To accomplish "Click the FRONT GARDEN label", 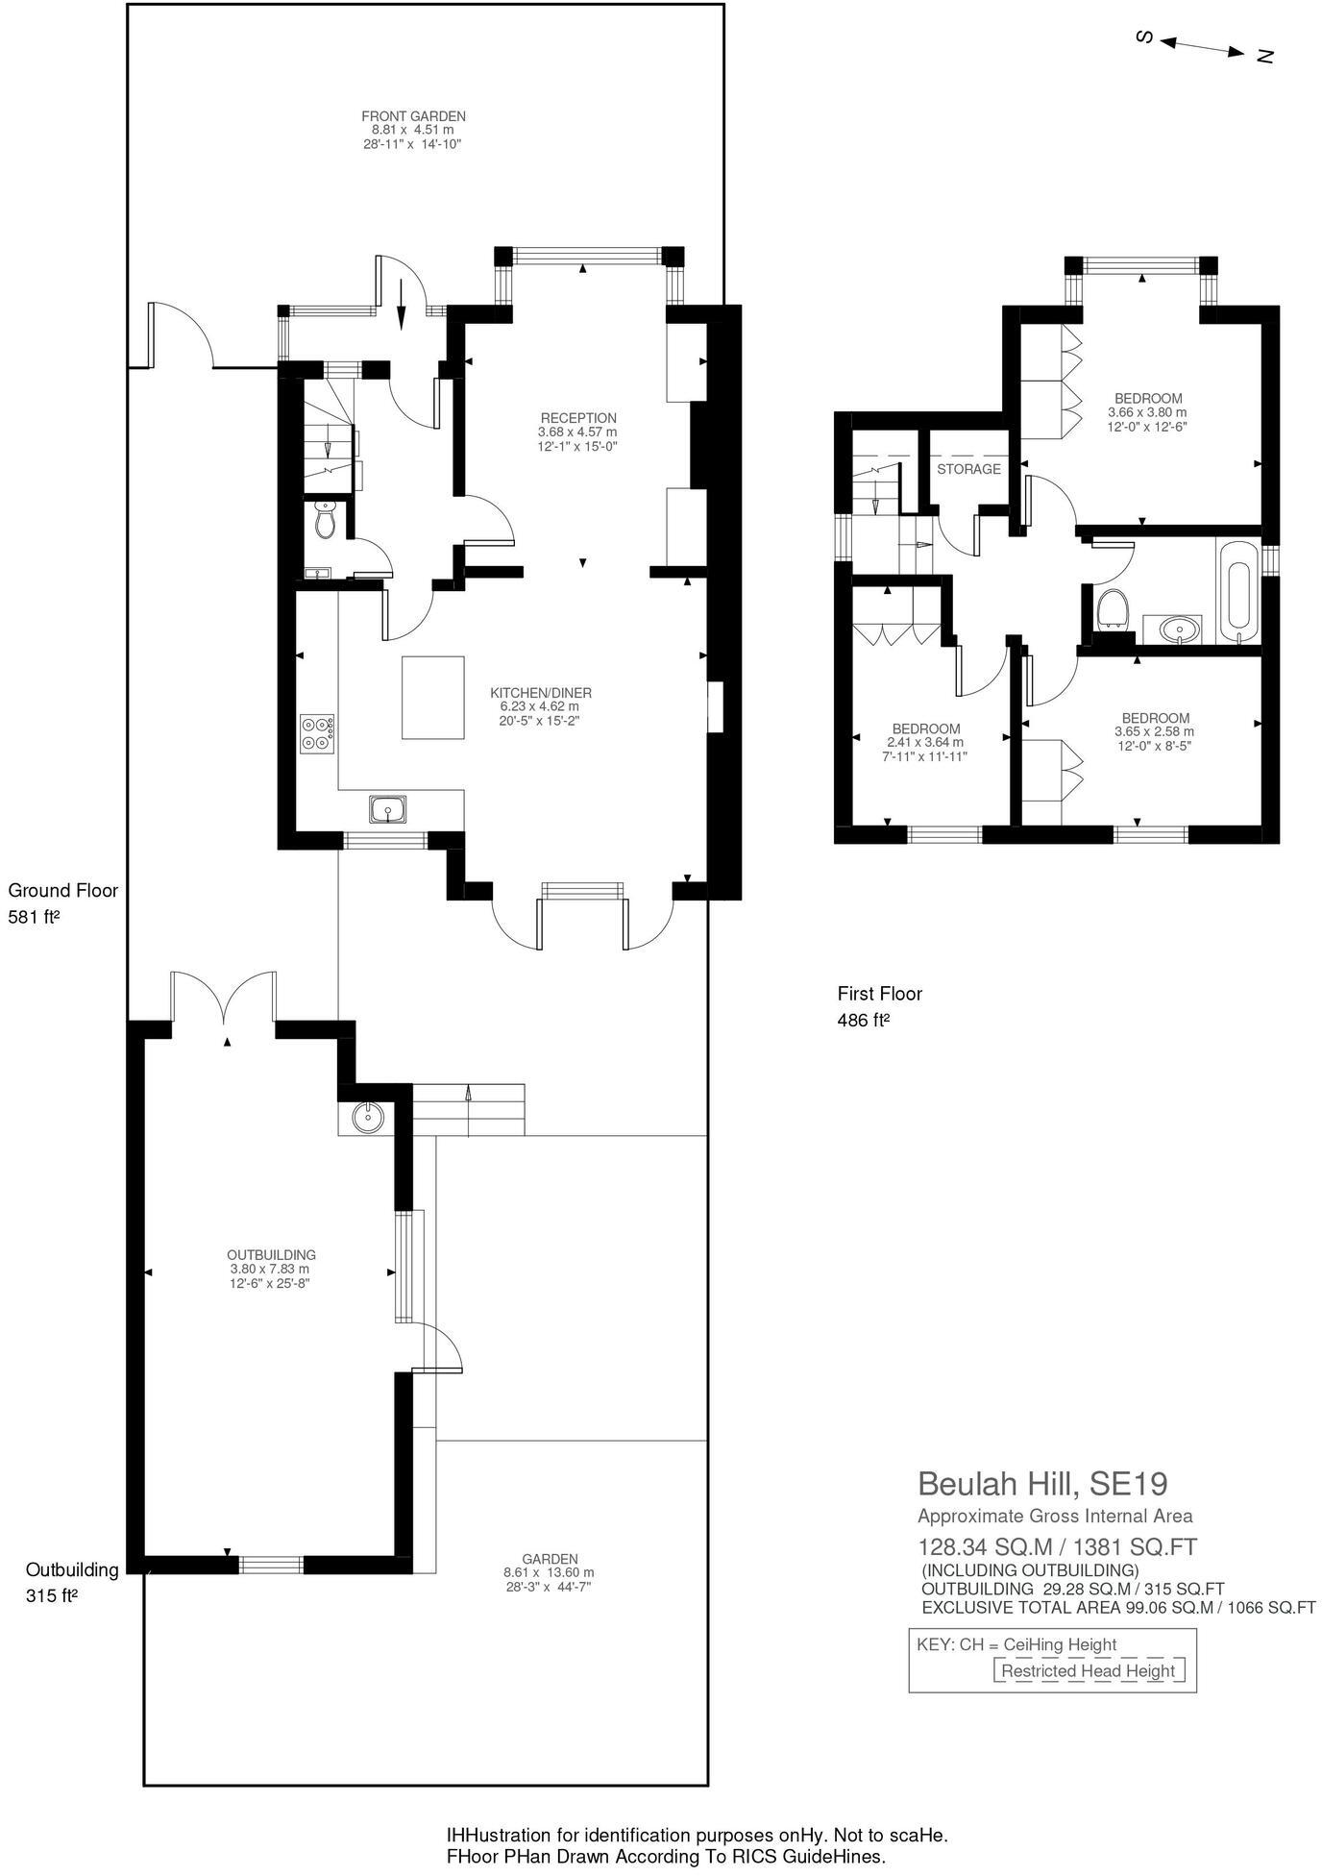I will point(413,116).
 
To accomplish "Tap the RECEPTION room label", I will point(577,418).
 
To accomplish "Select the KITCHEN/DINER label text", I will point(541,693).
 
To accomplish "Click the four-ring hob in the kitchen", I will point(317,733).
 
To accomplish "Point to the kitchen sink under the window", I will point(388,809).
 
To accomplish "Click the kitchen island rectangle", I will point(432,697).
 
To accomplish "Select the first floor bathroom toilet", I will point(1112,608).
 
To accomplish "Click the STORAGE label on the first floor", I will point(968,469).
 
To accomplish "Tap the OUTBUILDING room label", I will point(271,1255).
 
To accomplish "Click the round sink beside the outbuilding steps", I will point(367,1117).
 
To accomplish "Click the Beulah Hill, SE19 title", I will point(1042,1484).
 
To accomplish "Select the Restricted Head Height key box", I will point(1088,1670).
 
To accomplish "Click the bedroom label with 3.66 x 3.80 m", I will point(1147,398).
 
